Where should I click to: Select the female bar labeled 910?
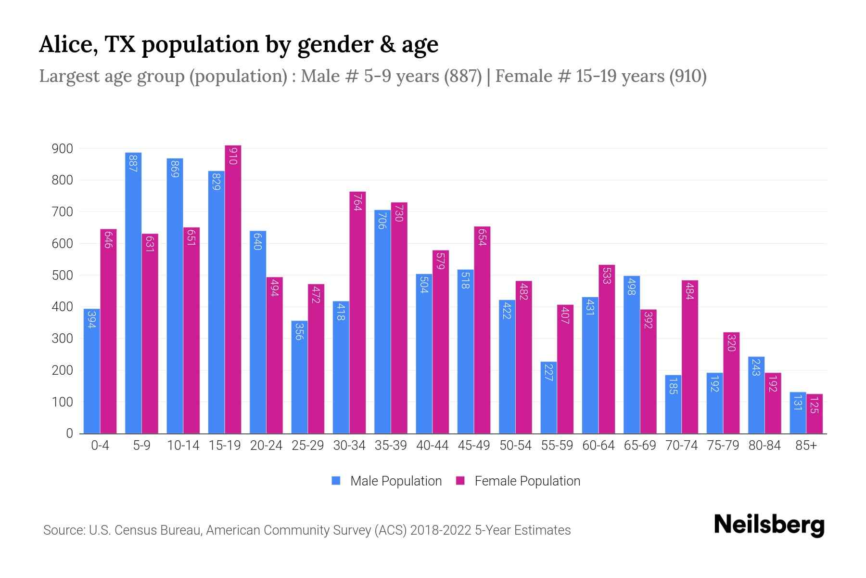pyautogui.click(x=233, y=289)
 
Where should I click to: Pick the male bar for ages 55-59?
pyautogui.click(x=548, y=397)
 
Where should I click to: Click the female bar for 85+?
pyautogui.click(x=815, y=414)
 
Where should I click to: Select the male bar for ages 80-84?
pyautogui.click(x=756, y=395)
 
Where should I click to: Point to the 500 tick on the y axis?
pyautogui.click(x=62, y=276)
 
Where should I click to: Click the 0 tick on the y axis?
pyautogui.click(x=69, y=433)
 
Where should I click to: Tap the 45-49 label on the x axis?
pyautogui.click(x=473, y=446)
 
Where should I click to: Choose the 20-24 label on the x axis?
pyautogui.click(x=266, y=446)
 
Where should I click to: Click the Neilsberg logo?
pyautogui.click(x=769, y=525)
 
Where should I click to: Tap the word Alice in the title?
pyautogui.click(x=65, y=44)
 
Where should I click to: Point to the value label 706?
pyautogui.click(x=382, y=221)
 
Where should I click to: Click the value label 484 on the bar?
pyautogui.click(x=689, y=291)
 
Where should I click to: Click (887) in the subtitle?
pyautogui.click(x=462, y=76)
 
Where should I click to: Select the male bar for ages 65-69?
pyautogui.click(x=632, y=355)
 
